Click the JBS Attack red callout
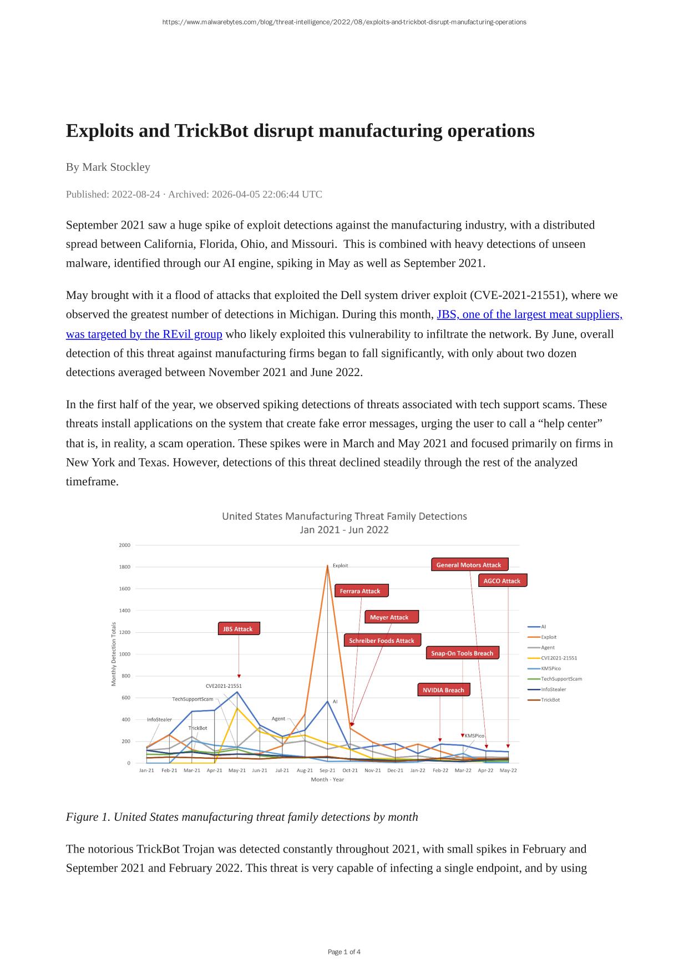(x=239, y=629)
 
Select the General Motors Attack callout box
(x=469, y=565)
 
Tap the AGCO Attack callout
(x=502, y=581)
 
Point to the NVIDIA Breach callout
(x=443, y=690)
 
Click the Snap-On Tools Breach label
(x=462, y=653)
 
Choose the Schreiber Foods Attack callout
(x=382, y=641)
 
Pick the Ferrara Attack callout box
(x=361, y=591)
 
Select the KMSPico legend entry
(x=550, y=668)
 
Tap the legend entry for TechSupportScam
(x=561, y=679)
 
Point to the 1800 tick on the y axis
(x=124, y=567)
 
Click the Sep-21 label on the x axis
(x=327, y=770)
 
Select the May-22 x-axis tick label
(x=508, y=770)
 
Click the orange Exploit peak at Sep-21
(x=327, y=566)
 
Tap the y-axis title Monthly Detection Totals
(x=114, y=653)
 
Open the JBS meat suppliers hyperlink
(x=529, y=314)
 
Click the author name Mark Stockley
(x=116, y=167)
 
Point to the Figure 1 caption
(x=242, y=817)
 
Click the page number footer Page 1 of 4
(x=344, y=952)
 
